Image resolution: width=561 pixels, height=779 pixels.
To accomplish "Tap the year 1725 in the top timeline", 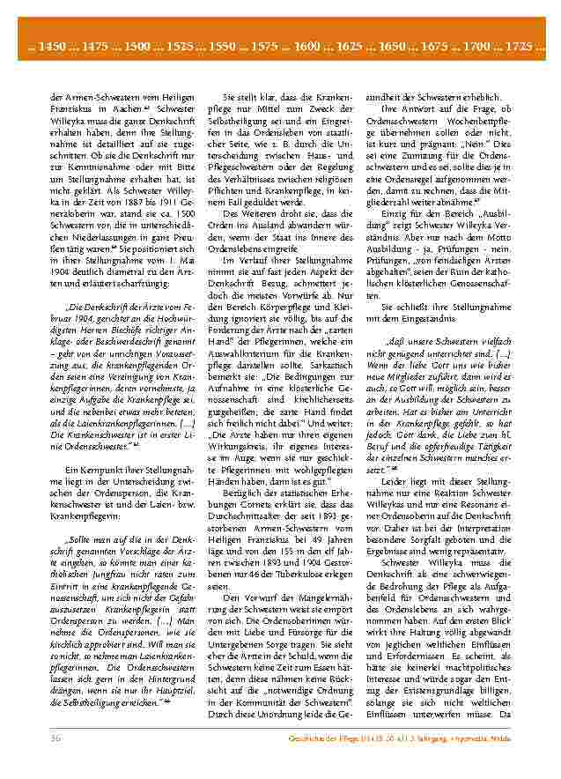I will pyautogui.click(x=523, y=45).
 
